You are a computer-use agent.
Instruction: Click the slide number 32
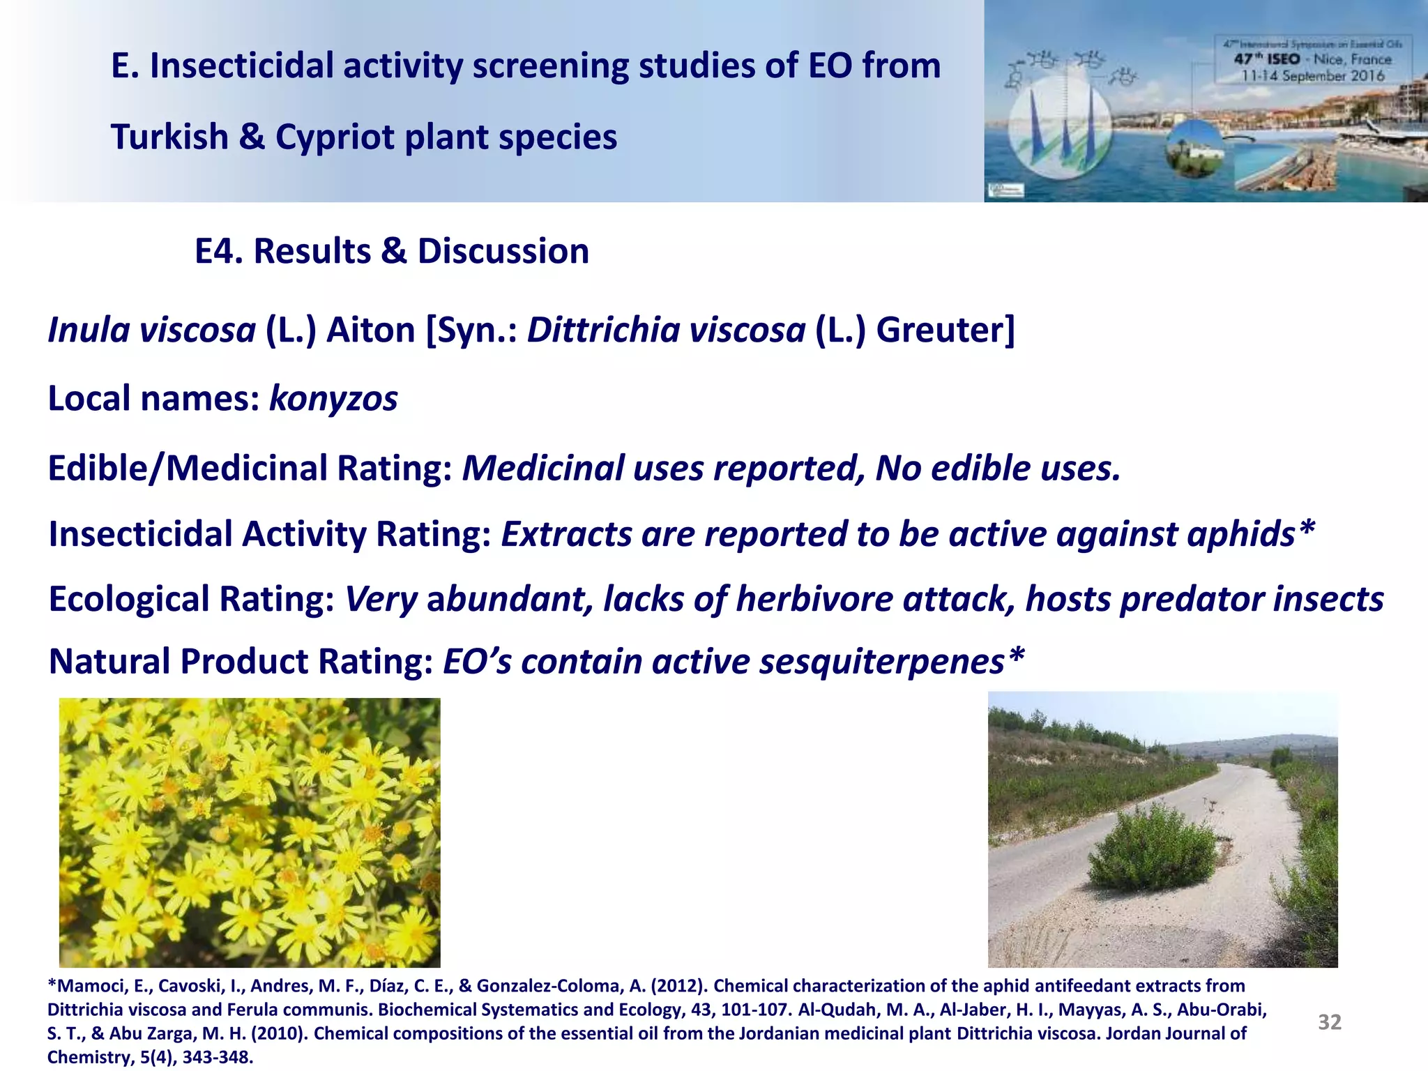click(1329, 1021)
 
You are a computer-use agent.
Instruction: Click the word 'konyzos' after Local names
click(333, 399)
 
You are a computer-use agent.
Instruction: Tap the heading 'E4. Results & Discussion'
click(392, 251)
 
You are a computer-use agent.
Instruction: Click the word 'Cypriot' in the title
click(335, 137)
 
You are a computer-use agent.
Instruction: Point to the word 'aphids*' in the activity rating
click(1251, 534)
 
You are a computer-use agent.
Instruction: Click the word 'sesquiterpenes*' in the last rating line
click(892, 661)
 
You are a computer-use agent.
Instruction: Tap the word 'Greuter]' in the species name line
click(945, 330)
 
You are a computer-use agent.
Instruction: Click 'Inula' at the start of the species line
click(89, 330)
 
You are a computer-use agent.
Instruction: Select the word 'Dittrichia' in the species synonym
click(602, 330)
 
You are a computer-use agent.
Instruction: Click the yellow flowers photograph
click(250, 832)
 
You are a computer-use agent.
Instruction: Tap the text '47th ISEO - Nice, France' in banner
click(1312, 60)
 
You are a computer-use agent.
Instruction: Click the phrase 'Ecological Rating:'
click(191, 599)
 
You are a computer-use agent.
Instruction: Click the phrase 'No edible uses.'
click(997, 468)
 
